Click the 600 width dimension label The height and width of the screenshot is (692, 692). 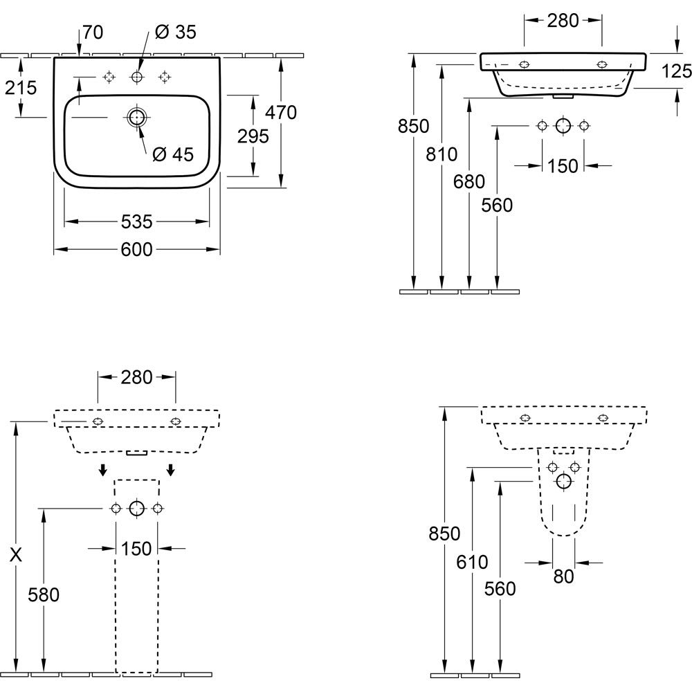pyautogui.click(x=136, y=250)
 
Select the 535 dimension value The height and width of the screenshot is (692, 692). pyautogui.click(x=136, y=222)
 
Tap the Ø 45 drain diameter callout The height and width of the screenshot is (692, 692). pyautogui.click(x=172, y=154)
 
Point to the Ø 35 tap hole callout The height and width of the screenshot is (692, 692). pyautogui.click(x=175, y=33)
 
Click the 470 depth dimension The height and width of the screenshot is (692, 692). pyautogui.click(x=281, y=113)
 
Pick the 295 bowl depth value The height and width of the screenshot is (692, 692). pyautogui.click(x=253, y=136)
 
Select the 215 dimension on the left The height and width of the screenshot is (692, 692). pyautogui.click(x=21, y=89)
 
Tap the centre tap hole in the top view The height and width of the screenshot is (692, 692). pyautogui.click(x=136, y=78)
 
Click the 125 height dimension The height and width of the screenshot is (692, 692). pyautogui.click(x=676, y=71)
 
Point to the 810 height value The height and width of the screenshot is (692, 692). pyautogui.click(x=441, y=154)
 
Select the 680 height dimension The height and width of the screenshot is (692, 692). pyautogui.click(x=469, y=182)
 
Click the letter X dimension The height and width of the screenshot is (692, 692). pyautogui.click(x=16, y=555)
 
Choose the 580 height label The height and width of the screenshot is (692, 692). pyautogui.click(x=43, y=595)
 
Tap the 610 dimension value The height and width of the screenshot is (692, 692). pyautogui.click(x=472, y=562)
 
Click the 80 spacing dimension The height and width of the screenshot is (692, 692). pyautogui.click(x=563, y=576)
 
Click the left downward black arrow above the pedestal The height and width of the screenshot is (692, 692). pyautogui.click(x=103, y=470)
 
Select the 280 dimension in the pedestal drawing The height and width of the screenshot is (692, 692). pyautogui.click(x=136, y=377)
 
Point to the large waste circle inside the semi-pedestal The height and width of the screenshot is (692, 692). pyautogui.click(x=563, y=481)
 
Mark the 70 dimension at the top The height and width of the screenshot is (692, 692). pyautogui.click(x=93, y=33)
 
